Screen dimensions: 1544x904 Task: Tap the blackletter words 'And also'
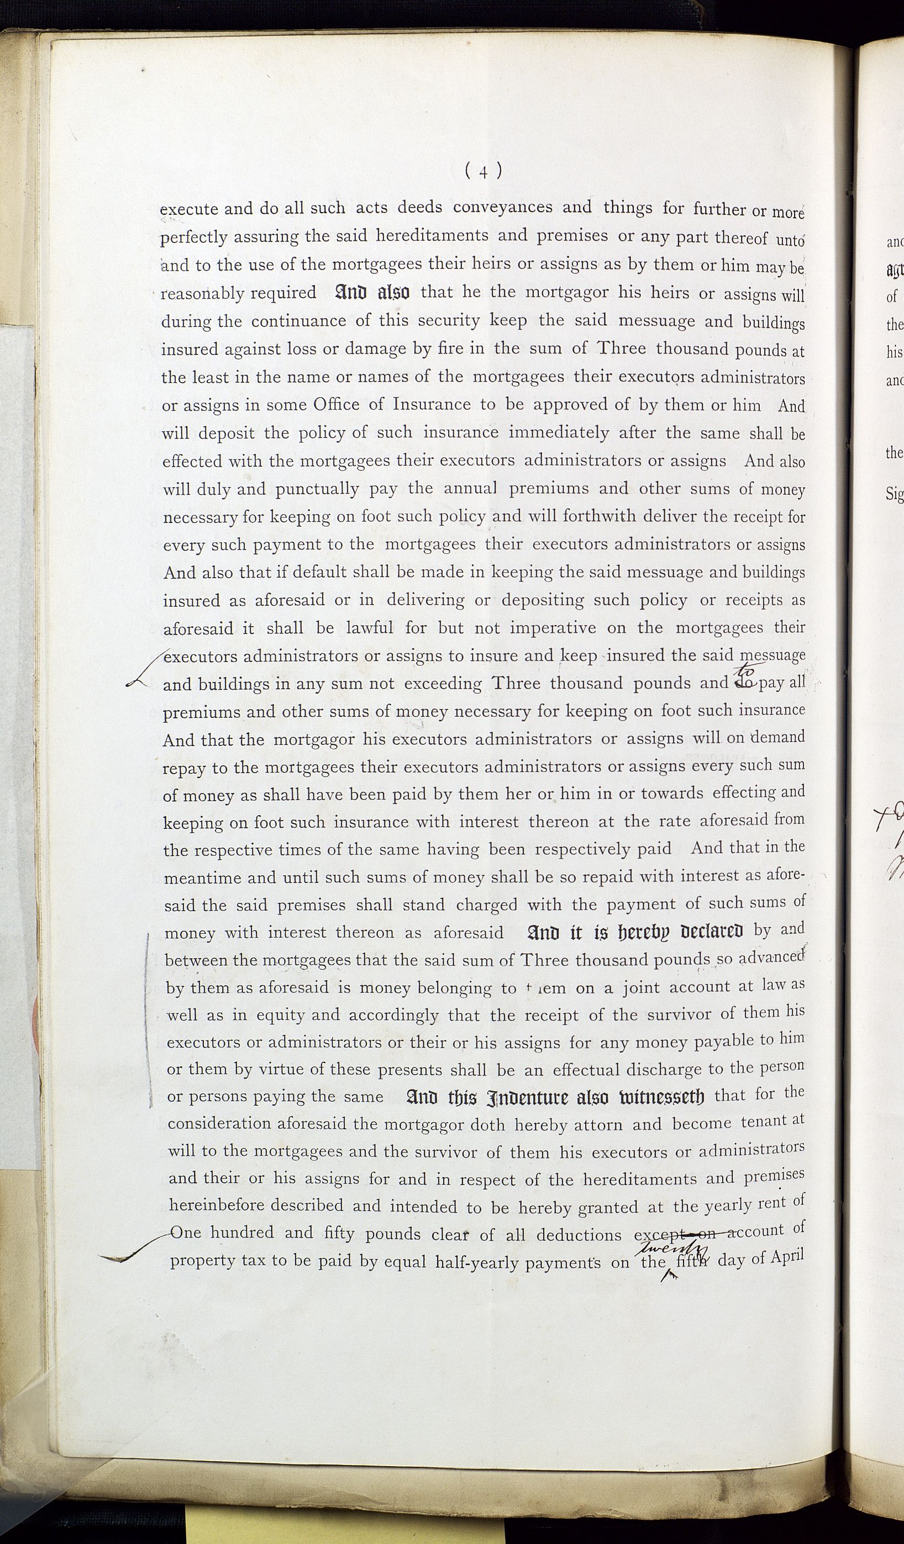tap(372, 292)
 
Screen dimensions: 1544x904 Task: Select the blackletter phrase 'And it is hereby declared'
tap(635, 932)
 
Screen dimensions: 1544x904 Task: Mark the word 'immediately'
tap(559, 432)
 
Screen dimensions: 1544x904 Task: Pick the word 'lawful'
tap(371, 628)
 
